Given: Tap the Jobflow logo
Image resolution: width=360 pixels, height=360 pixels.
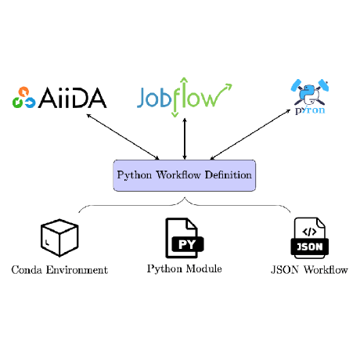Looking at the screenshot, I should pos(185,97).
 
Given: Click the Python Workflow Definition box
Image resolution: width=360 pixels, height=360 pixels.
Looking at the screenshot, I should pos(184,175).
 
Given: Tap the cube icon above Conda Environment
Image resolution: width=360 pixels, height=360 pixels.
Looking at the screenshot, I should pos(59,237).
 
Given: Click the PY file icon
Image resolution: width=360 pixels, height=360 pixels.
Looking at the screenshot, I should pos(184,239).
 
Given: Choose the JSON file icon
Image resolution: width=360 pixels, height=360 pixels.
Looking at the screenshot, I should pos(308,238).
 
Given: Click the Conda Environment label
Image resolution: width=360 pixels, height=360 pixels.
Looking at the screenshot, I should pos(59,270).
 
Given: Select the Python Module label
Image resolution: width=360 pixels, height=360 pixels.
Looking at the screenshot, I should pos(184,269).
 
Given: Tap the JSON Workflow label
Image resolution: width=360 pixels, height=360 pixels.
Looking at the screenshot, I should pos(308,270).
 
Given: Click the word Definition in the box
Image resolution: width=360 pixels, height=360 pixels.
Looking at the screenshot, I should pos(230,175).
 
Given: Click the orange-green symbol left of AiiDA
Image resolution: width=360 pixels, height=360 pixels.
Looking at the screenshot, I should pos(23,98).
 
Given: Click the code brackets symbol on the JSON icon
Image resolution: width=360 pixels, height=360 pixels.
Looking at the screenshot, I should pos(308,231).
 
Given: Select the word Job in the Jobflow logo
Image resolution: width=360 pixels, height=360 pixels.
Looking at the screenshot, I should pos(155,99).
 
